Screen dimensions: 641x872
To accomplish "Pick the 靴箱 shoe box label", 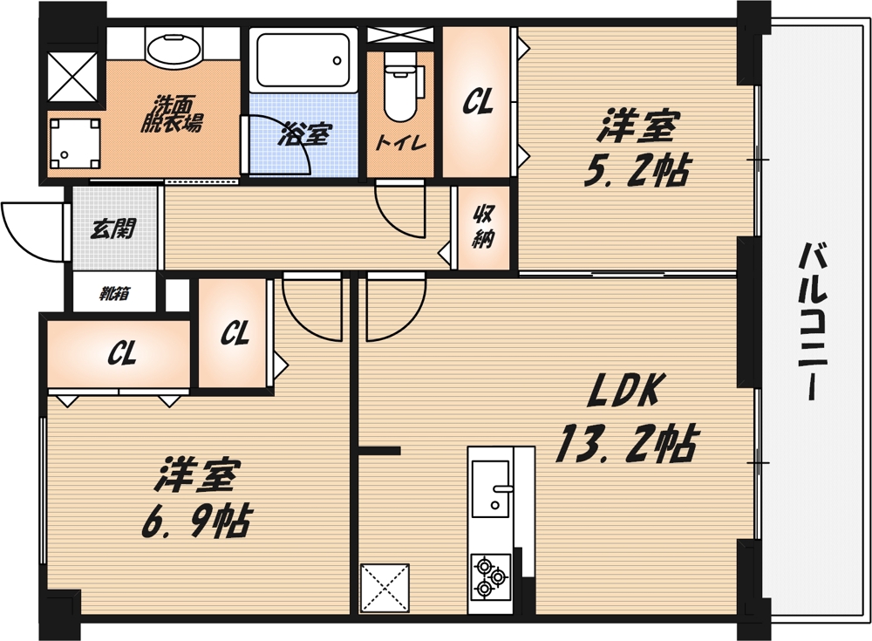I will pos(114,295).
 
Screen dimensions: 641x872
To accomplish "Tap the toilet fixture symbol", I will pos(399,88).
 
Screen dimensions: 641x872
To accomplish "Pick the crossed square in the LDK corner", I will pos(384,588).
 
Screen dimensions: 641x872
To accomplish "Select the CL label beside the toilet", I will pos(477,103).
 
